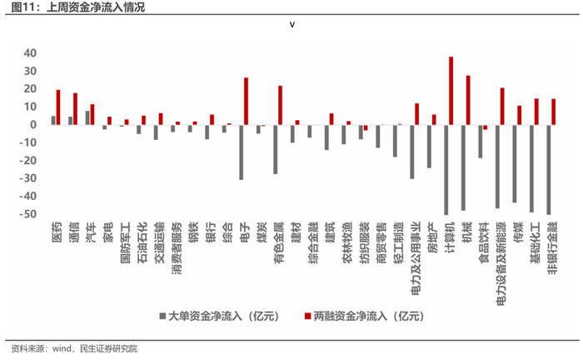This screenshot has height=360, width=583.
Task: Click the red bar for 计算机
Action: click(451, 91)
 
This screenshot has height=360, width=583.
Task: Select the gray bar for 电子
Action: click(241, 152)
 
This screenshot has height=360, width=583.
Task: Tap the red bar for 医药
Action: click(58, 107)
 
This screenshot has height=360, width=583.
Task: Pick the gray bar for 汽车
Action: click(87, 117)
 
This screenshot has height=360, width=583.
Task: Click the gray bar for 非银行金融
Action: click(549, 170)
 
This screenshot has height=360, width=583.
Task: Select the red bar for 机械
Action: click(468, 100)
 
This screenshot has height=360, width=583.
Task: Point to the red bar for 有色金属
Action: click(280, 105)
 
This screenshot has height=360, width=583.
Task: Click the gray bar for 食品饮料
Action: click(481, 142)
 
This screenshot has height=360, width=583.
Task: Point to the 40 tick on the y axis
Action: click(30, 53)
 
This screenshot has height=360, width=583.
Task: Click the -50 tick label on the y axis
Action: click(28, 214)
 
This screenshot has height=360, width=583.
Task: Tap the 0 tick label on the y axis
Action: click(33, 125)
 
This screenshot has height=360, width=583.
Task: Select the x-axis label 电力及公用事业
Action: click(416, 258)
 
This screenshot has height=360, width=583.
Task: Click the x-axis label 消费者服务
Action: click(177, 248)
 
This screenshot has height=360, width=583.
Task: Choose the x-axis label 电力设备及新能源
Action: click(501, 263)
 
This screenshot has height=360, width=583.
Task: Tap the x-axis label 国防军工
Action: click(125, 242)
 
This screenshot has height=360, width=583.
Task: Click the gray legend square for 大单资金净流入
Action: click(162, 316)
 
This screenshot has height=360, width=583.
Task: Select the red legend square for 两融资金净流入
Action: click(307, 316)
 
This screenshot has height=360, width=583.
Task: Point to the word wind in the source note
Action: click(62, 348)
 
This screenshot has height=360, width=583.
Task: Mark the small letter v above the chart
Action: click(292, 25)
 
